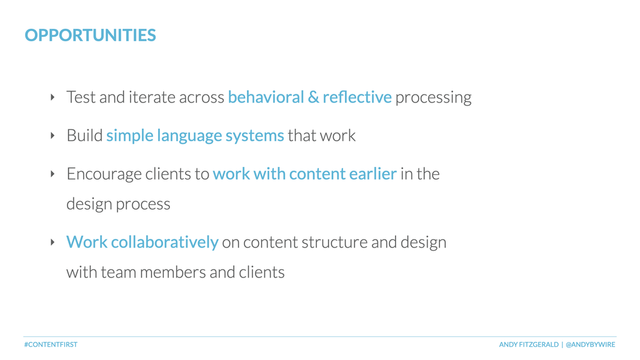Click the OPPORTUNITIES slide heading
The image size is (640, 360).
pos(90,35)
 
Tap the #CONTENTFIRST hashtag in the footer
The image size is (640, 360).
pos(51,344)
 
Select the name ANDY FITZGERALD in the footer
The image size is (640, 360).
pos(529,344)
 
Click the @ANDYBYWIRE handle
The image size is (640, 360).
pos(590,344)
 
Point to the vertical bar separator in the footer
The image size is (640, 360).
pos(562,344)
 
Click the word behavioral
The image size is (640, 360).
pos(266,97)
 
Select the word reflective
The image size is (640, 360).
pos(357,97)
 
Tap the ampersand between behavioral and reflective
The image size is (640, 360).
pos(313,97)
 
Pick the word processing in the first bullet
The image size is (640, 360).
pos(433,98)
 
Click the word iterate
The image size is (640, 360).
pos(152,97)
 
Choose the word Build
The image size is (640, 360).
pos(84,136)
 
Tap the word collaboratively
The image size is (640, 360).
pos(164,242)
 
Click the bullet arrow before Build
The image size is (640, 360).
pos(52,136)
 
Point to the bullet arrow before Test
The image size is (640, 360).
pos(52,97)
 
